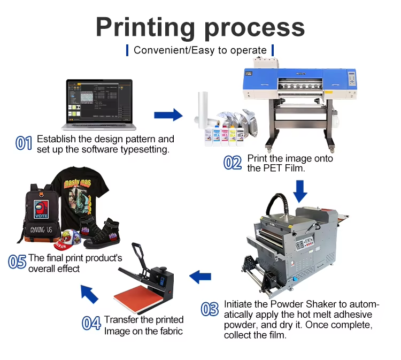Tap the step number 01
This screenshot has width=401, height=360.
24,143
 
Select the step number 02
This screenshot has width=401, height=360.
233,162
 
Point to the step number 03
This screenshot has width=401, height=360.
210,309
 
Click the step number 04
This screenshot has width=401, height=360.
91,323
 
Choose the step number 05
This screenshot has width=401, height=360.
17,262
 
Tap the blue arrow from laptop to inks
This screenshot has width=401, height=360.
168,114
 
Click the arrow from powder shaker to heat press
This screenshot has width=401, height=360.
200,277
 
